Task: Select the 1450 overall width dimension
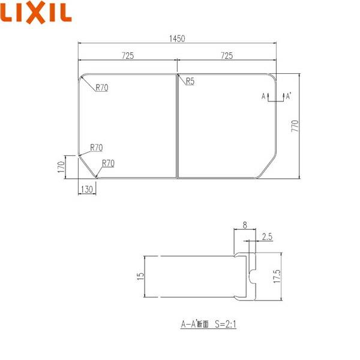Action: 178,38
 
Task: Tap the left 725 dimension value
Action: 127,56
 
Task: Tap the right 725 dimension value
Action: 227,56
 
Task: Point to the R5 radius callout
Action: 190,81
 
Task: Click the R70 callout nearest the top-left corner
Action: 102,88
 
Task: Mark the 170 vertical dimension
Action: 61,166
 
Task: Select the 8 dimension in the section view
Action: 245,226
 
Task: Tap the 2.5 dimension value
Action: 267,238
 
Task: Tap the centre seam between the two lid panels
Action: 178,127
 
